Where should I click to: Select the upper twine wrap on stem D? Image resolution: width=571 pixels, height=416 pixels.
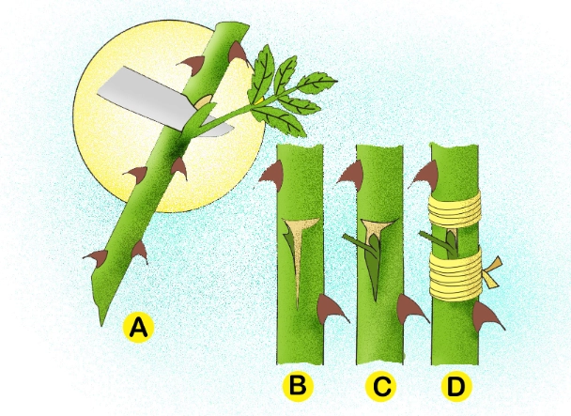[x=454, y=211]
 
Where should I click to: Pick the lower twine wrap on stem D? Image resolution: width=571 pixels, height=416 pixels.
[x=454, y=273]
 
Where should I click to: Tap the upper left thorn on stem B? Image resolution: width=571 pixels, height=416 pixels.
[x=270, y=173]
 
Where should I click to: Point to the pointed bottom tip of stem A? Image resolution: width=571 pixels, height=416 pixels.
[x=102, y=321]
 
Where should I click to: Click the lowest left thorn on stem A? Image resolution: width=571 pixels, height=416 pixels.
[x=96, y=255]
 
